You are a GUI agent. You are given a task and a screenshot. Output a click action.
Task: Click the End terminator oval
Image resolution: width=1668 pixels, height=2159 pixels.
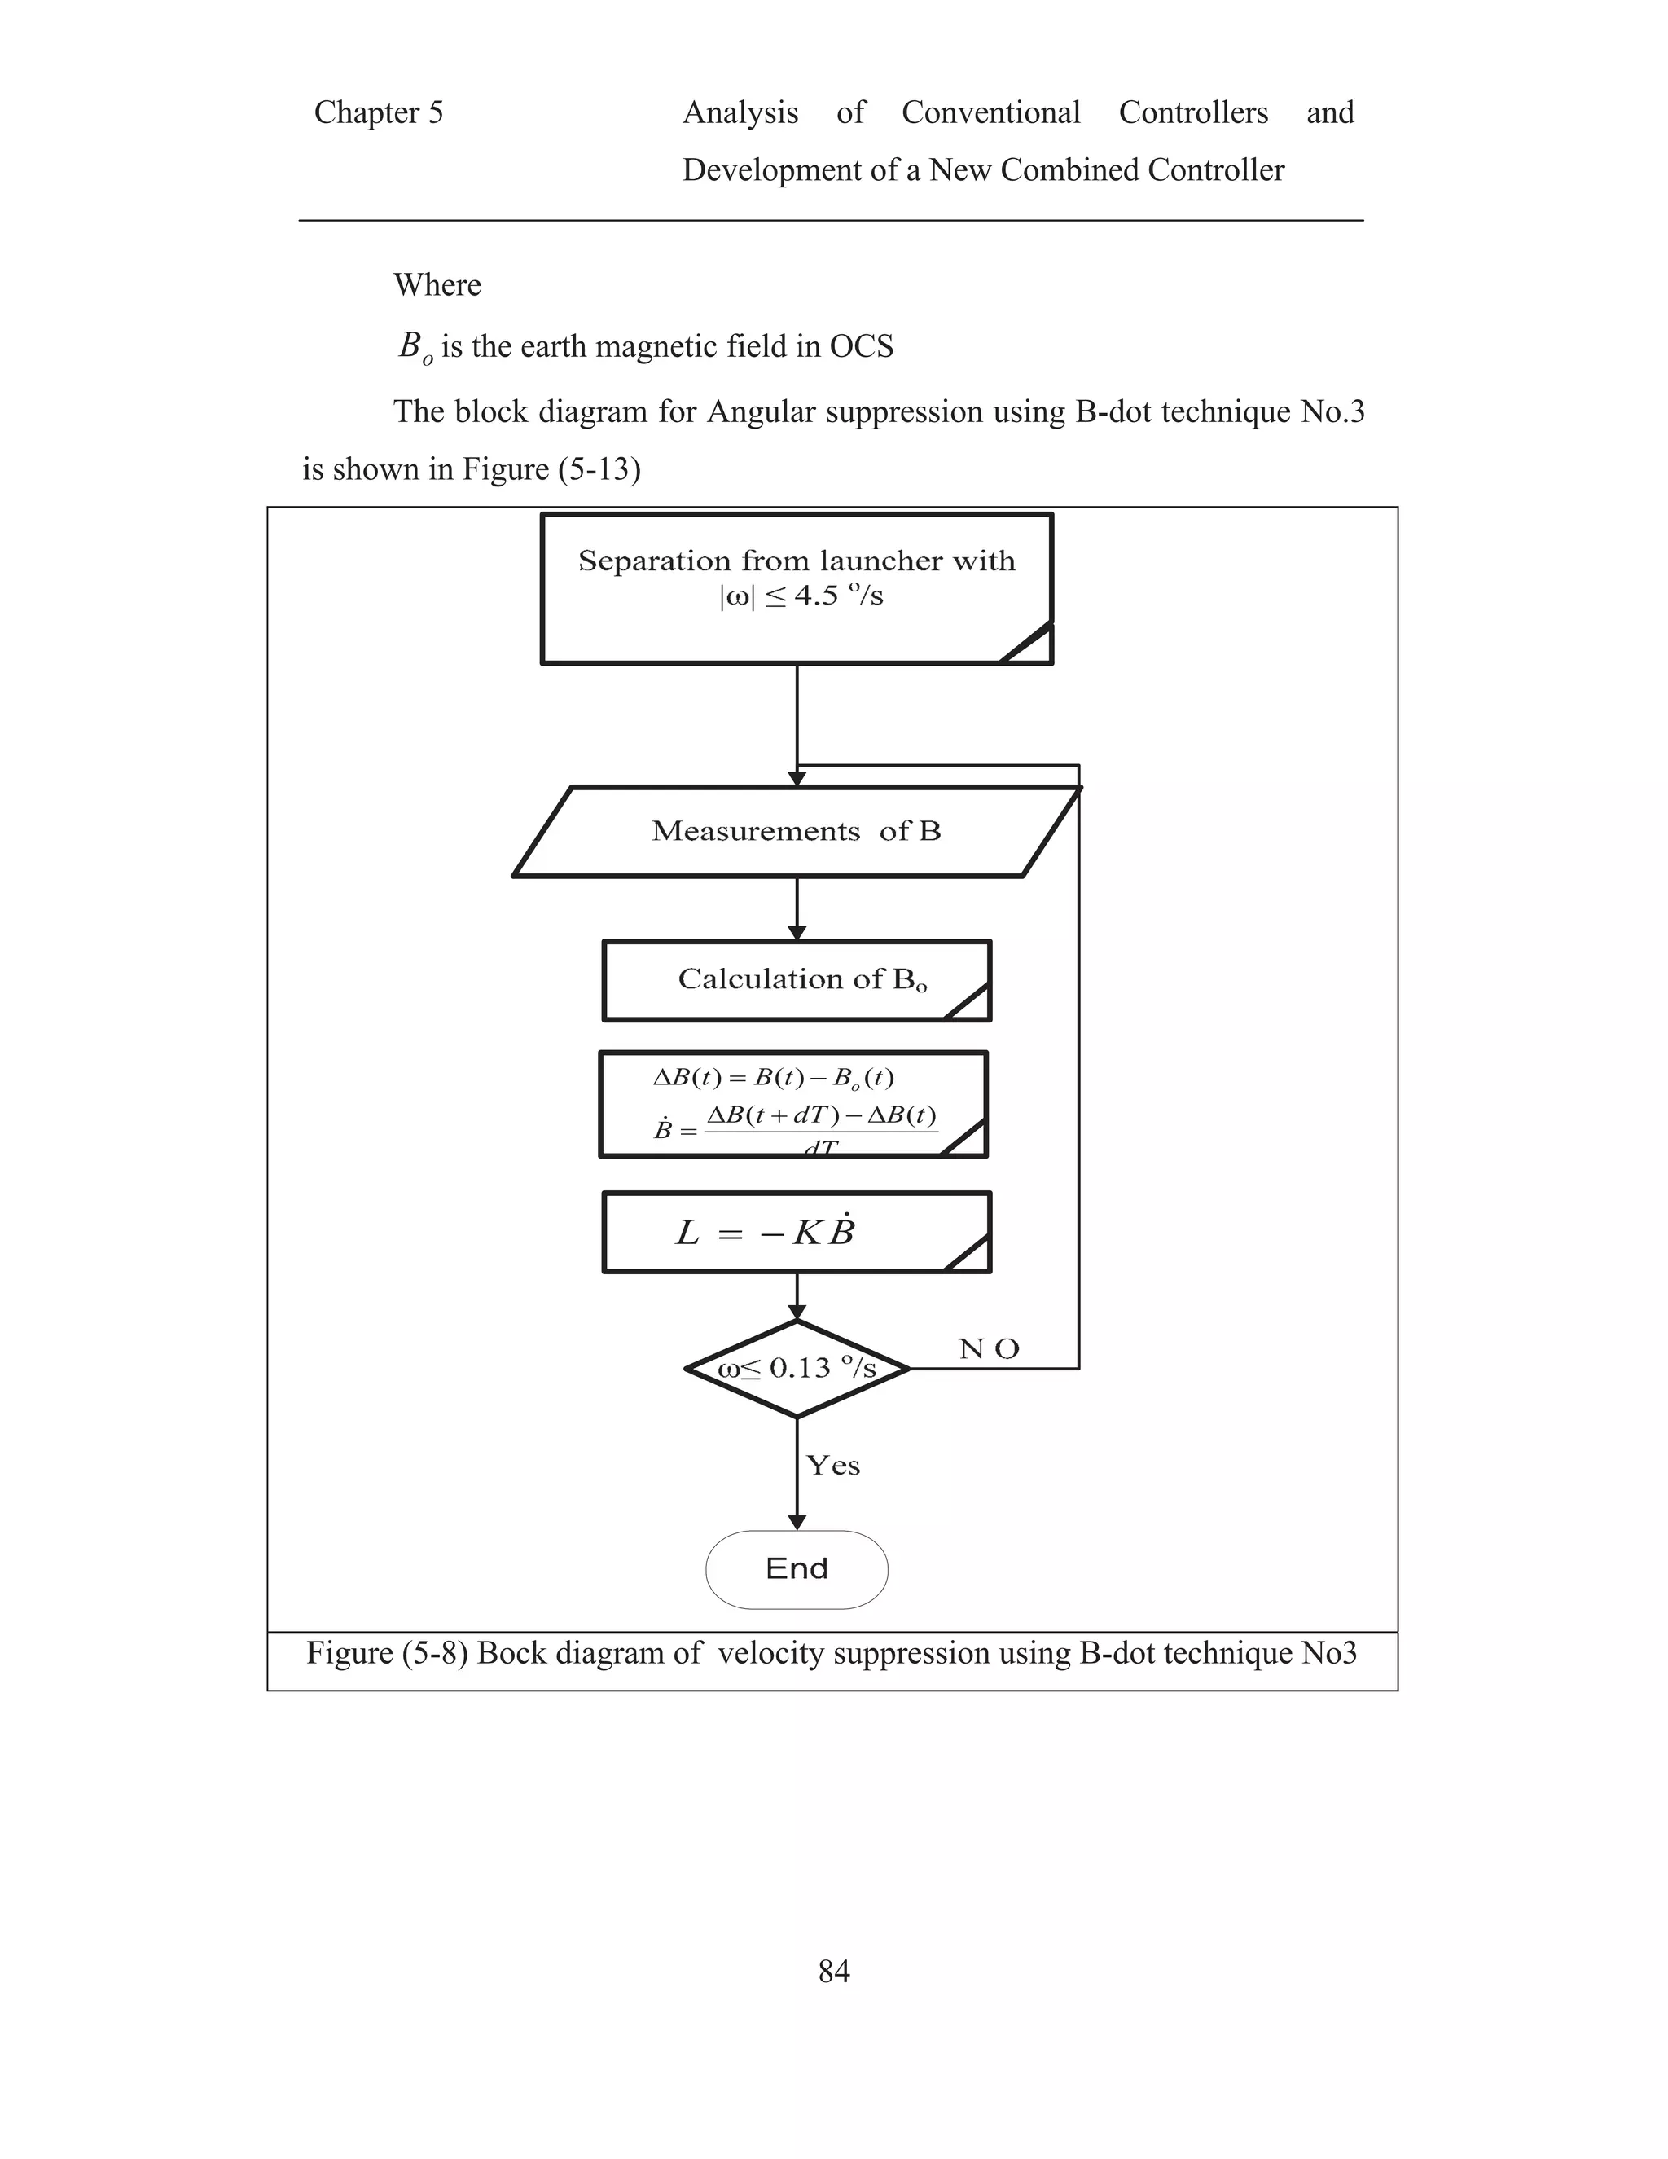pyautogui.click(x=797, y=1569)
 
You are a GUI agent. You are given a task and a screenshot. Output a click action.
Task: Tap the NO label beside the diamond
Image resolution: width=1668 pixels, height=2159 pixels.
pyautogui.click(x=988, y=1348)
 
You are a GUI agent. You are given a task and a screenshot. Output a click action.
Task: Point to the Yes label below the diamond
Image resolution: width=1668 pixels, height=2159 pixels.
pyautogui.click(x=833, y=1465)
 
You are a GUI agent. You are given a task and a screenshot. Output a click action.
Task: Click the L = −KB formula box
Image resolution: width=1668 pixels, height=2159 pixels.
pyautogui.click(x=797, y=1233)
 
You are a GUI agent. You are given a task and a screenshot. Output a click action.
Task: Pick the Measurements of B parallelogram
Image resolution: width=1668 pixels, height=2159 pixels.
pyautogui.click(x=797, y=831)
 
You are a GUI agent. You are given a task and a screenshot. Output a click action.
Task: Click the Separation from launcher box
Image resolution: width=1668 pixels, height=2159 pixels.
pyautogui.click(x=797, y=588)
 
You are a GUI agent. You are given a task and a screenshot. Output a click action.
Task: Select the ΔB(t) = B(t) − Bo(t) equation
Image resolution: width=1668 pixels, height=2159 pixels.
pyautogui.click(x=774, y=1078)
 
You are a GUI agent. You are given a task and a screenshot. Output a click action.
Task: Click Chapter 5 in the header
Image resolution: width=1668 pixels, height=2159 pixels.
pyautogui.click(x=379, y=112)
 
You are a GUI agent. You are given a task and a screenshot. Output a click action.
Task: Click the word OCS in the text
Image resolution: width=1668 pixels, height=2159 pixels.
pyautogui.click(x=861, y=346)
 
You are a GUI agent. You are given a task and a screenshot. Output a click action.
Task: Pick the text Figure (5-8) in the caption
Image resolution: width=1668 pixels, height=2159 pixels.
pyautogui.click(x=388, y=1653)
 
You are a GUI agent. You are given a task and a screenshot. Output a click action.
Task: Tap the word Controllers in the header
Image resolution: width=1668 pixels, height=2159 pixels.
pyautogui.click(x=1192, y=112)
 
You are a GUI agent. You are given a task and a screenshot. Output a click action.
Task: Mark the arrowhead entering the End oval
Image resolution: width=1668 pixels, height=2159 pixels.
pyautogui.click(x=797, y=1523)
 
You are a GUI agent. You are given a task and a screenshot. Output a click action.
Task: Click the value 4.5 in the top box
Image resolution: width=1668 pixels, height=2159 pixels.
pyautogui.click(x=815, y=596)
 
